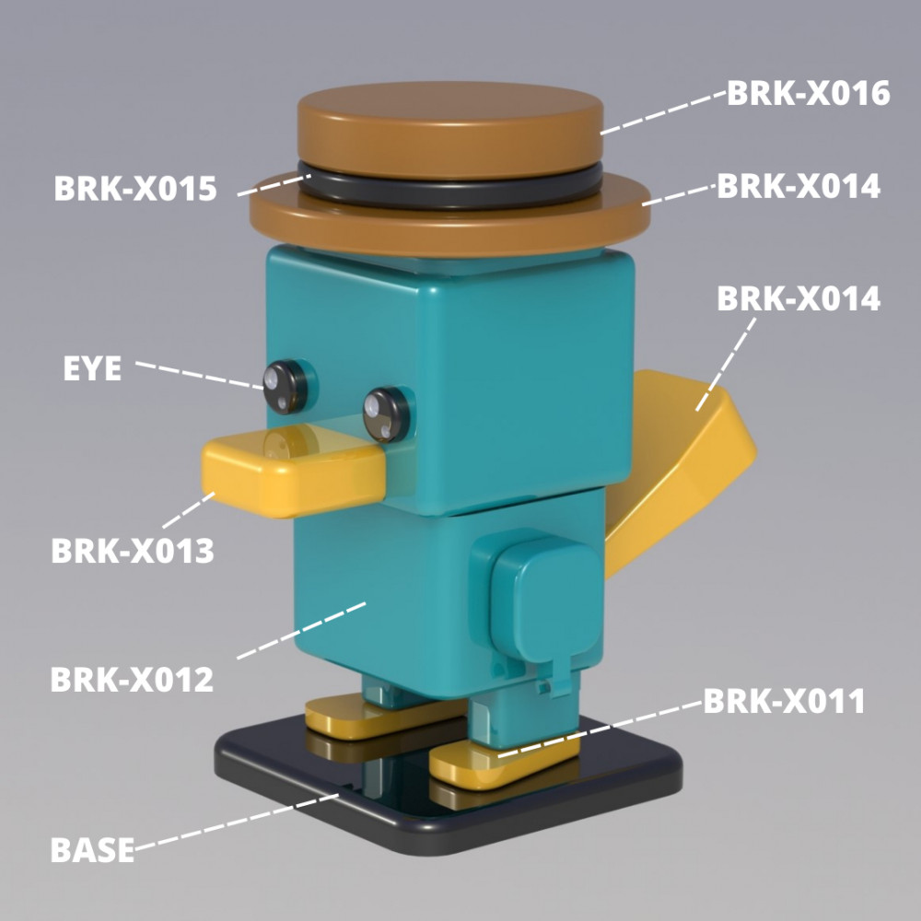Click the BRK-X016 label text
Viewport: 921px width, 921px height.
pyautogui.click(x=809, y=93)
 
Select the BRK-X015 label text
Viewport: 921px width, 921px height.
pyautogui.click(x=135, y=189)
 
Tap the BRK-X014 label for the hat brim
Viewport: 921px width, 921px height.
pyautogui.click(x=799, y=186)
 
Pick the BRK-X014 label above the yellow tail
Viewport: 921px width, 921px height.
pyautogui.click(x=799, y=299)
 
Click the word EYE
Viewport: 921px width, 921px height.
pyautogui.click(x=92, y=368)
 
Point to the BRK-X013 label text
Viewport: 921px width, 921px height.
pyautogui.click(x=133, y=551)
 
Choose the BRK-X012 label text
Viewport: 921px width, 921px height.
pyautogui.click(x=132, y=680)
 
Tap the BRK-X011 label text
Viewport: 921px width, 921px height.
pyautogui.click(x=785, y=702)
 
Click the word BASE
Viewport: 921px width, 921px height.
pyautogui.click(x=92, y=849)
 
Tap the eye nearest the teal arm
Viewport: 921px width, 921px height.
pyautogui.click(x=384, y=413)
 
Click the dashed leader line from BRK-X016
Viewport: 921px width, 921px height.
pyautogui.click(x=663, y=112)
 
